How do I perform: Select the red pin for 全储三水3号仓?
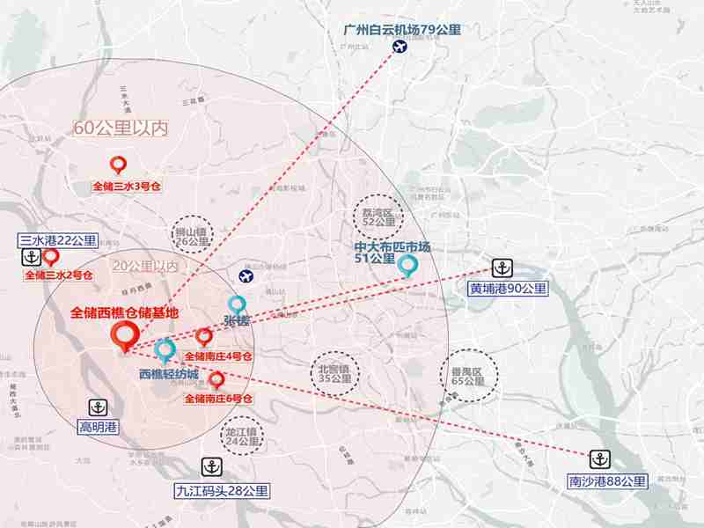119,165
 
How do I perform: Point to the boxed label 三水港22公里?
58,240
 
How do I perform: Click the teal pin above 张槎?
237,305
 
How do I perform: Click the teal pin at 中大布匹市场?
407,265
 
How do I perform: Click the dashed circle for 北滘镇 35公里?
334,375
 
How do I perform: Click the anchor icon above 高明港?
100,407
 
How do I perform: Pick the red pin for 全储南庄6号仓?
216,381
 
